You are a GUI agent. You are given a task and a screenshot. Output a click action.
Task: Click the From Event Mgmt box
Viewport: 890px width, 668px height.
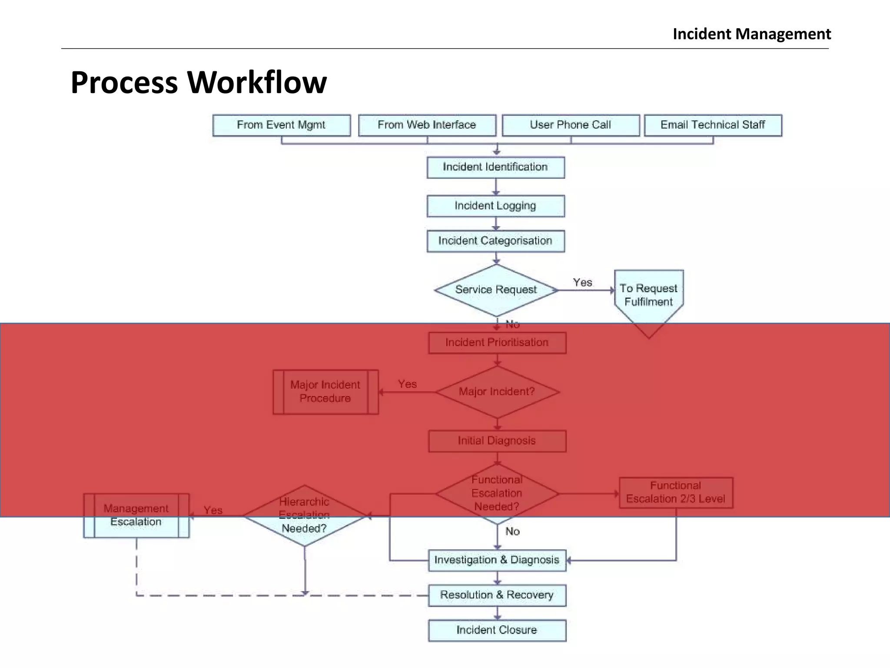[x=281, y=125]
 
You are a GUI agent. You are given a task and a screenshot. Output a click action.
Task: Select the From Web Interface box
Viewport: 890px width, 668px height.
[x=427, y=125]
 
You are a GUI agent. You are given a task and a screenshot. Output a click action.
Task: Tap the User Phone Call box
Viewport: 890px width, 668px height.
[x=571, y=125]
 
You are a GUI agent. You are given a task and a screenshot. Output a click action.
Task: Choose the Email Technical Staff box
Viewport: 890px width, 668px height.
[x=713, y=125]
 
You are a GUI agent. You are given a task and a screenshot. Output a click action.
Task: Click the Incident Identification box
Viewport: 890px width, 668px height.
[x=495, y=167]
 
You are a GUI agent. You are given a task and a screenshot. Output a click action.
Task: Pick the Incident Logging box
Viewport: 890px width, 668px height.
[x=495, y=206]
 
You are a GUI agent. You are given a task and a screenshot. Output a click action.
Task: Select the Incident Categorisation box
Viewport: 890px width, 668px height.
[x=495, y=241]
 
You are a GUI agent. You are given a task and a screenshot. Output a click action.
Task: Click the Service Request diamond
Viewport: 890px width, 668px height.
[x=496, y=290]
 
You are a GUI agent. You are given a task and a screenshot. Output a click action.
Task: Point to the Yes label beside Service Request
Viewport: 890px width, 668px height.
[x=582, y=283]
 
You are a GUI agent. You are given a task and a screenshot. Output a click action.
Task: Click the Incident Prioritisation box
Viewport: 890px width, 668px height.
[x=497, y=343]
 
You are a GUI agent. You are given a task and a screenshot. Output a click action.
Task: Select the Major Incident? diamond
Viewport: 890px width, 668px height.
[x=497, y=392]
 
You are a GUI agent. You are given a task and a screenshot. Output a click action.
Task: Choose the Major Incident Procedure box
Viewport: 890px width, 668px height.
[x=325, y=392]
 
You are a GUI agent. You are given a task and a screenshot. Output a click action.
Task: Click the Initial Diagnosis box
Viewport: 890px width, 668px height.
[x=497, y=441]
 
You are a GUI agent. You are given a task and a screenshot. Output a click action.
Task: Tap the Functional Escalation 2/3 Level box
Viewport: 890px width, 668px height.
[x=676, y=492]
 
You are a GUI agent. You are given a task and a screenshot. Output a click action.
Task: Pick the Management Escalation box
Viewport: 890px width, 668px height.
[x=136, y=515]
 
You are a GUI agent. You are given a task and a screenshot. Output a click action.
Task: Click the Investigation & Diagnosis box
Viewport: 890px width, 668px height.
[x=497, y=560]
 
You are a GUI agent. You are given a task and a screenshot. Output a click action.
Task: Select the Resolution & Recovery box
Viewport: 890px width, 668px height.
[x=497, y=595]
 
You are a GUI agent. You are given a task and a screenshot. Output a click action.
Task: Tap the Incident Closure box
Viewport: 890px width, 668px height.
[x=497, y=630]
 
